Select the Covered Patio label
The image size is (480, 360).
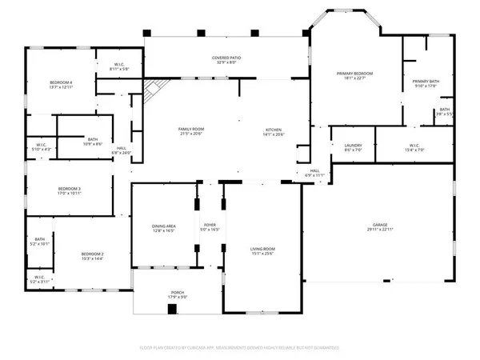point(227,58)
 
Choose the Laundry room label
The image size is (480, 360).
point(354,145)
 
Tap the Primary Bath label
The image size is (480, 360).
point(426,82)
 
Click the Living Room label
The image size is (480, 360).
point(263,250)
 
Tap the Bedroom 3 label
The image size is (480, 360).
point(69,189)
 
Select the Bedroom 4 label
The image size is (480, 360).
point(61,82)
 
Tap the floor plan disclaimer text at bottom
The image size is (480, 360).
point(240,348)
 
